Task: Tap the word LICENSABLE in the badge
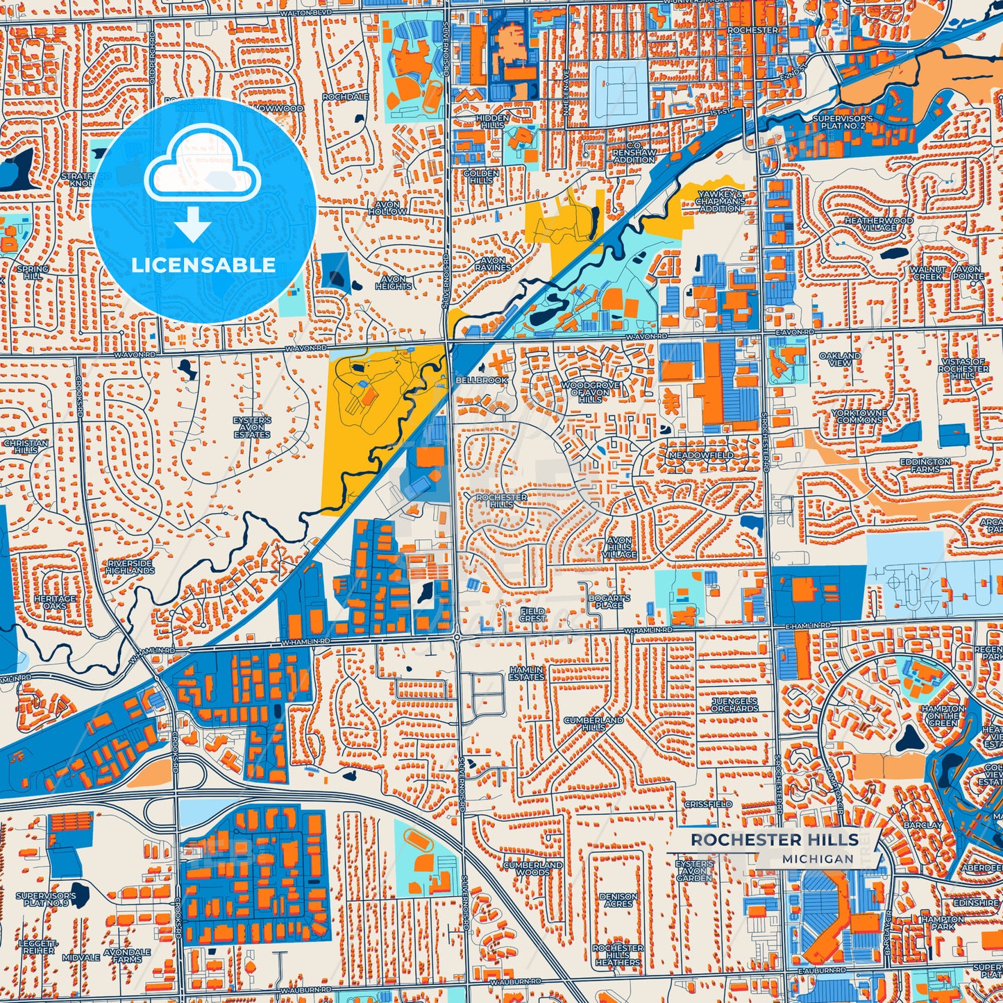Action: (203, 265)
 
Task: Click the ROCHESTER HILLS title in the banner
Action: (774, 840)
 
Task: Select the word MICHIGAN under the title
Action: (818, 859)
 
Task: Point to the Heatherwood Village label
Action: (878, 224)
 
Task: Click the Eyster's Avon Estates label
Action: (252, 427)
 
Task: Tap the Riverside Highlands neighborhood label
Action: (130, 566)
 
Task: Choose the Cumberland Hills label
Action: (593, 723)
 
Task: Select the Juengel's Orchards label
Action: (734, 705)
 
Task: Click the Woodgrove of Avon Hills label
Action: (590, 392)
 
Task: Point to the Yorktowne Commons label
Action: (859, 416)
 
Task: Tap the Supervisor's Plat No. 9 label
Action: (46, 899)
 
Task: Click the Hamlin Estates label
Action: (527, 673)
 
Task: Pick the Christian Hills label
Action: (26, 446)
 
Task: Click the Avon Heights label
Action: (393, 283)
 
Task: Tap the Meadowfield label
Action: (700, 455)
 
